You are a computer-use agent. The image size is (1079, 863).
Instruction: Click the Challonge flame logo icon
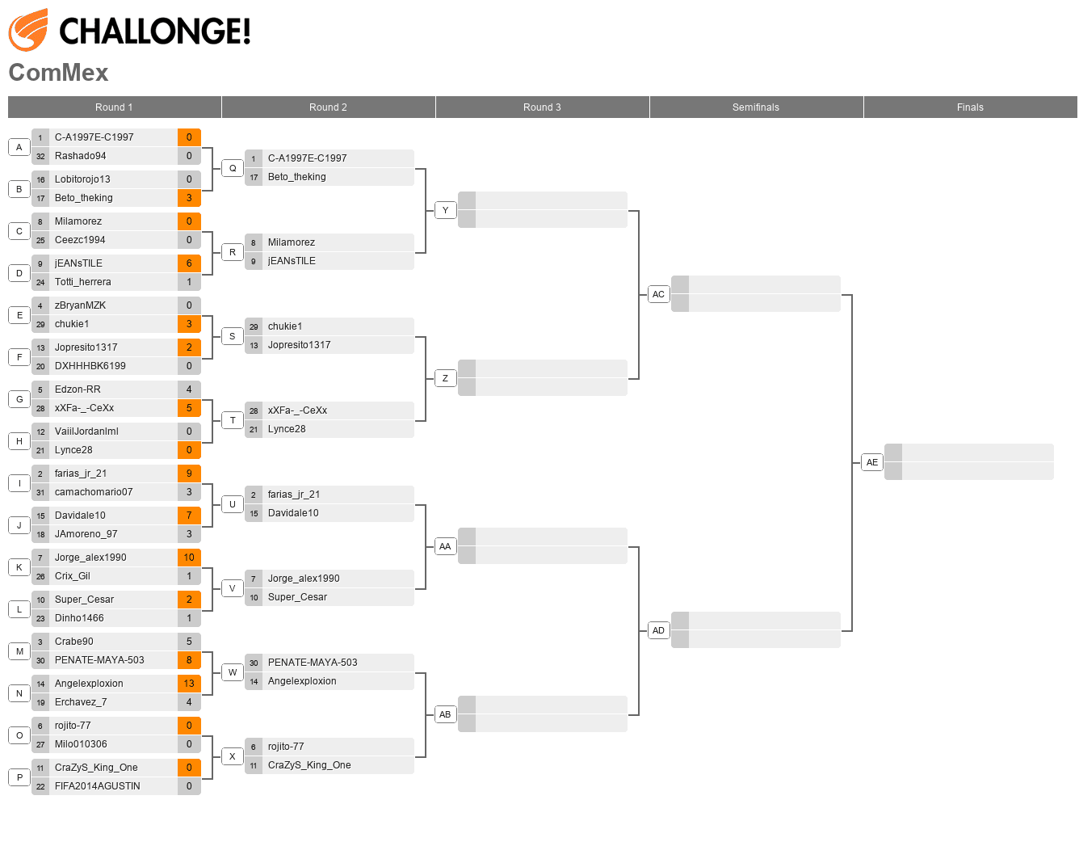[x=28, y=30]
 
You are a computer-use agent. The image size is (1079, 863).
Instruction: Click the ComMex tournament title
[x=58, y=73]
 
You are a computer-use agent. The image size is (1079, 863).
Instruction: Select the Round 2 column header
[x=328, y=107]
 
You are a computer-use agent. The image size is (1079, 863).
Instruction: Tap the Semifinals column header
[x=755, y=107]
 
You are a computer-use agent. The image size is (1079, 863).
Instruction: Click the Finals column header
[x=969, y=107]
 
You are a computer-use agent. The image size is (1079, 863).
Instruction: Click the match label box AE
[x=871, y=462]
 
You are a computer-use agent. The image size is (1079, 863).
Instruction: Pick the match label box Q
[x=233, y=168]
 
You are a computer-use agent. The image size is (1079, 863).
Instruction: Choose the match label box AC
[x=658, y=294]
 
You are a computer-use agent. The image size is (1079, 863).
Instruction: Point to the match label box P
[x=19, y=777]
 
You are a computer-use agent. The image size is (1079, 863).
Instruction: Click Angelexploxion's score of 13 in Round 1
[x=189, y=684]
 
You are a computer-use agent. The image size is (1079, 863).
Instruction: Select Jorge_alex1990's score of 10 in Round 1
[x=189, y=558]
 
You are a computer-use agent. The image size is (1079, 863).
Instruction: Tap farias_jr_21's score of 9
[x=189, y=474]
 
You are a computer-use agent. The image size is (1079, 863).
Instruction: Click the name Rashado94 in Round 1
[x=80, y=156]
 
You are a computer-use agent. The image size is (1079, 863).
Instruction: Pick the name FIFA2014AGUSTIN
[x=97, y=786]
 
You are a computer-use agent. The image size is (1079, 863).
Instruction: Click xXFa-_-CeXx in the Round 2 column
[x=297, y=410]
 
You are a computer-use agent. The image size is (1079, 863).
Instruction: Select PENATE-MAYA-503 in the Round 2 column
[x=312, y=663]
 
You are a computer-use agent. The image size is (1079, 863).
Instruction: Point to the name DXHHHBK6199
[x=90, y=366]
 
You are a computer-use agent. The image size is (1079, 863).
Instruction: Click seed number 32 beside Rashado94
[x=40, y=157]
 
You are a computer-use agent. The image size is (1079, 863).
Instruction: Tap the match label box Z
[x=445, y=378]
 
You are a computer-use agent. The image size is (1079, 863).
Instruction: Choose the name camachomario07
[x=94, y=492]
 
